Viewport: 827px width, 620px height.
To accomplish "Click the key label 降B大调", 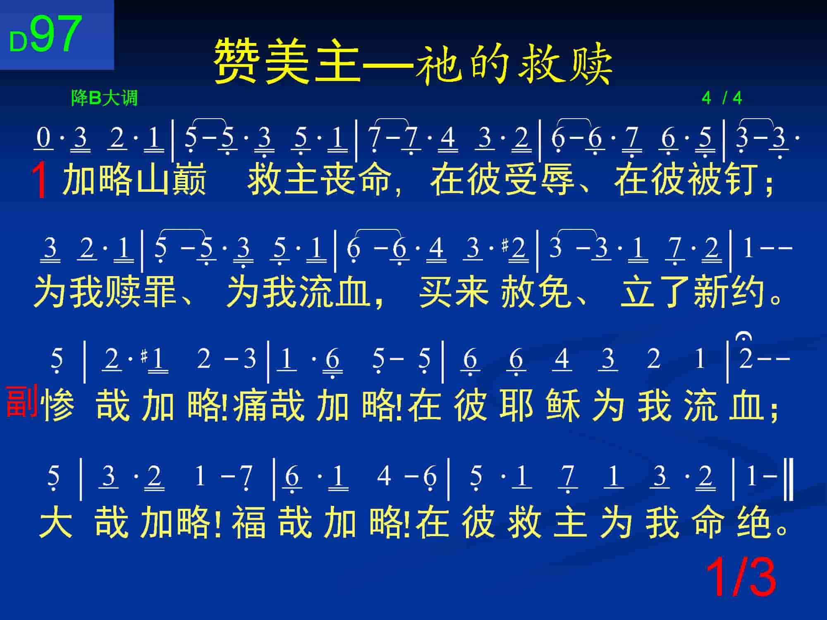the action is pos(104,98).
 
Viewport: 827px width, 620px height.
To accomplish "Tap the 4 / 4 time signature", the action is pos(722,98).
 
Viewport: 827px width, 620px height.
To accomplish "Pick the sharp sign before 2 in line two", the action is pos(505,246).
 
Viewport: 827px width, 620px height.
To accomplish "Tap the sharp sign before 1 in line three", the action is pos(143,356).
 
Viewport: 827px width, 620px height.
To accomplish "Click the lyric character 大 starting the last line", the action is pos(56,522).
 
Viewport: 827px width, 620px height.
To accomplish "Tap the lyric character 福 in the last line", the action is pos(249,522).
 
